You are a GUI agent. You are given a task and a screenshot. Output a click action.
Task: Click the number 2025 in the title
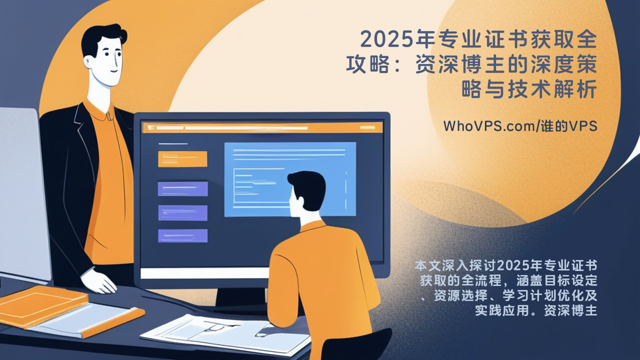click(x=387, y=39)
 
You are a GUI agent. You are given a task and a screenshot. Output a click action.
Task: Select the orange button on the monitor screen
click(x=182, y=159)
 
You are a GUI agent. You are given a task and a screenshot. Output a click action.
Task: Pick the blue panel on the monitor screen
click(x=290, y=179)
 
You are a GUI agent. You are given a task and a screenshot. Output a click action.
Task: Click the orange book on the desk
click(x=43, y=305)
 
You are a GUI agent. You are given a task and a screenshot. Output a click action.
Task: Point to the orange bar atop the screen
click(x=263, y=127)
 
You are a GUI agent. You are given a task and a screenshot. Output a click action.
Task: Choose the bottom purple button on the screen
click(x=183, y=236)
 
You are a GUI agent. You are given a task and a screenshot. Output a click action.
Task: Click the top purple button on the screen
click(x=183, y=189)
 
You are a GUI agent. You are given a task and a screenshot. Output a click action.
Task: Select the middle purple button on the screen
click(x=183, y=213)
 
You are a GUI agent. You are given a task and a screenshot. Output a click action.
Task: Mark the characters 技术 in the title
click(x=529, y=89)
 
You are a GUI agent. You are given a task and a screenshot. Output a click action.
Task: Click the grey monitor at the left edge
click(x=24, y=194)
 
